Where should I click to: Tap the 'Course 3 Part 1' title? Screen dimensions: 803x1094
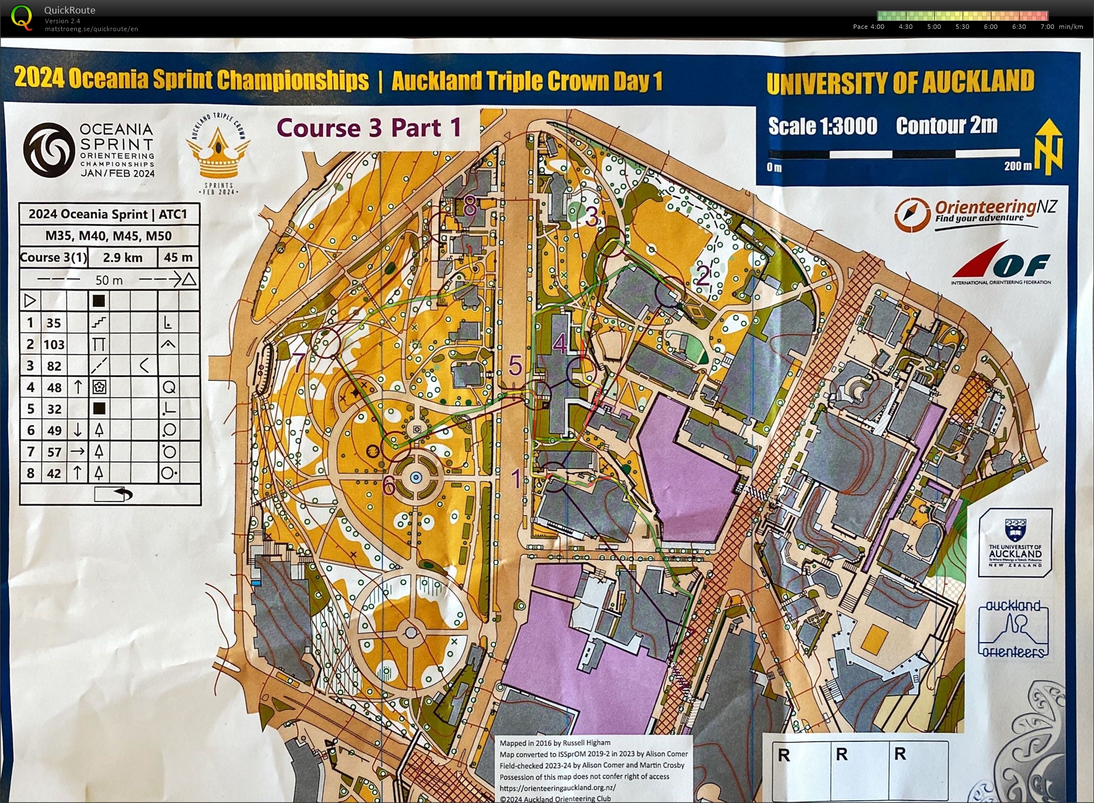369,128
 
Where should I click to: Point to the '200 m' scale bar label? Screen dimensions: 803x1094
1018,167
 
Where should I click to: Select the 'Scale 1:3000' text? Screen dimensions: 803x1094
822,126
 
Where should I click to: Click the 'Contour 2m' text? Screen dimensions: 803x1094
946,125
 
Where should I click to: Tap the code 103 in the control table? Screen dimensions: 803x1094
54,345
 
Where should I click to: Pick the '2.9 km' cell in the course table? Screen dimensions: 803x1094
122,258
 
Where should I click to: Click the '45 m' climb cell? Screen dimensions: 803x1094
178,258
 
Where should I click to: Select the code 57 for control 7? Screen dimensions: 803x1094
54,452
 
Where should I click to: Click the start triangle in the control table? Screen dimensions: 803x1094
29,300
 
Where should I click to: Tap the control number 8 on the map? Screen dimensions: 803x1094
470,207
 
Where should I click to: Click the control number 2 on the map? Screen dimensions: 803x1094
703,276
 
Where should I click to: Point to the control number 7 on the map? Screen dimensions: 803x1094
299,363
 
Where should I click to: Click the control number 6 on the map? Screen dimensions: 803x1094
388,486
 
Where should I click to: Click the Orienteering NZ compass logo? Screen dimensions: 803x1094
912,214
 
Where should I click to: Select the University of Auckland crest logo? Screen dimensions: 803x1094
1015,530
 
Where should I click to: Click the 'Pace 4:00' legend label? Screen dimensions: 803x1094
868,27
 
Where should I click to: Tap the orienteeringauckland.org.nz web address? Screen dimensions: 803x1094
557,788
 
